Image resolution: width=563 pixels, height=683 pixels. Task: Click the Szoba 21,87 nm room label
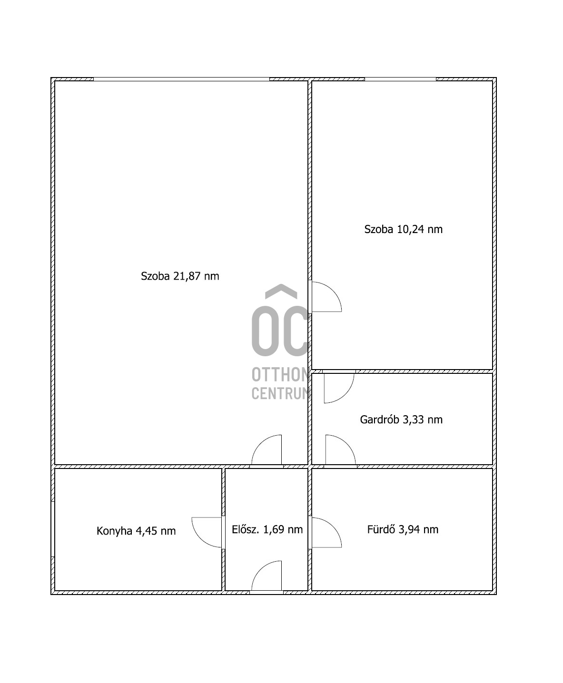180,276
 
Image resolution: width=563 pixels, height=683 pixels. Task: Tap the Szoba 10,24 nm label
403,229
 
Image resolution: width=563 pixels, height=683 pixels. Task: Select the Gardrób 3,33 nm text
401,420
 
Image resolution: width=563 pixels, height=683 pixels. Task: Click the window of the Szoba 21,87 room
181,79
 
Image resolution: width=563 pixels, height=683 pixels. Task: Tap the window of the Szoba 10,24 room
400,79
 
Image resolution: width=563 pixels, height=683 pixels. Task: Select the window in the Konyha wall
53,529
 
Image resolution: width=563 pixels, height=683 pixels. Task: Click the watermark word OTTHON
281,374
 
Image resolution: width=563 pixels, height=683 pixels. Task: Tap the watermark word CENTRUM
281,393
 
